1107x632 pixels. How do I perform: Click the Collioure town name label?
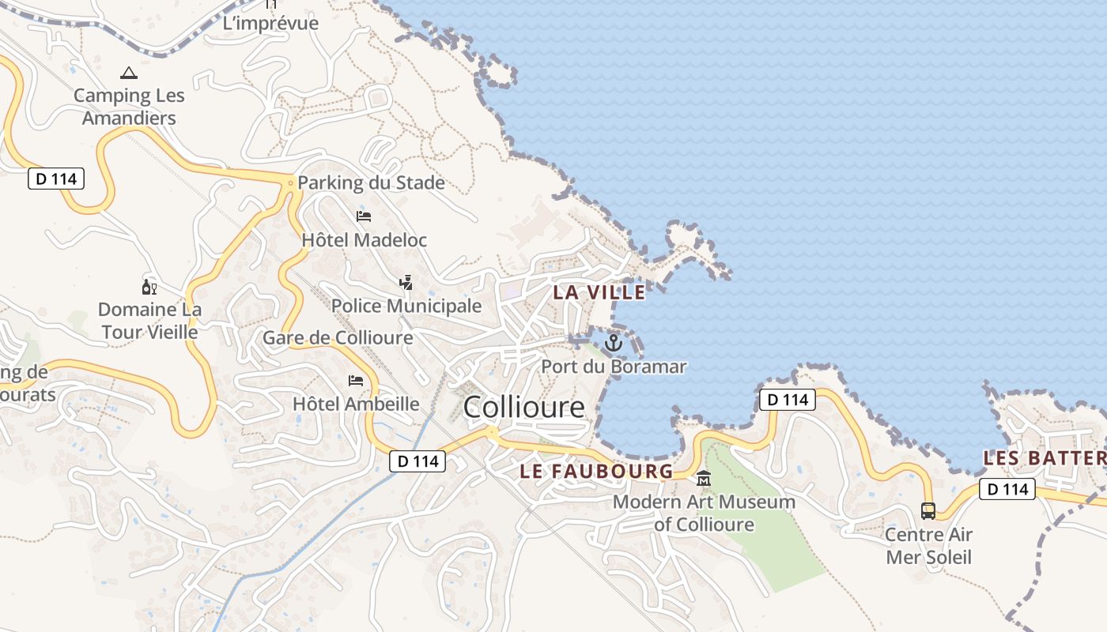tap(523, 407)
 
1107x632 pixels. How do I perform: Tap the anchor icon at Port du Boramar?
tap(614, 343)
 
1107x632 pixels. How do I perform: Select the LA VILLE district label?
tap(599, 292)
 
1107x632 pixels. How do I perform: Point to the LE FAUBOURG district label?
tap(596, 472)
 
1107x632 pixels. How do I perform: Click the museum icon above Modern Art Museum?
tap(704, 479)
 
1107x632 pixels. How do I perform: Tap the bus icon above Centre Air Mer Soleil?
tap(928, 511)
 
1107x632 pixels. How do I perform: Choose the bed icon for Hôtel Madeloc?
tap(364, 216)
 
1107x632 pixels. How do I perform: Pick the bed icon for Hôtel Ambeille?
tap(356, 381)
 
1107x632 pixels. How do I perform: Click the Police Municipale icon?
tap(406, 282)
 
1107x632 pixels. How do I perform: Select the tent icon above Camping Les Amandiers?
tap(128, 73)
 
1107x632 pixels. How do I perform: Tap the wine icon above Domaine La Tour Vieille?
tap(149, 287)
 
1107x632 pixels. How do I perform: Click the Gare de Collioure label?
tap(338, 338)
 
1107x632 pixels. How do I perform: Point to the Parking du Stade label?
tap(371, 183)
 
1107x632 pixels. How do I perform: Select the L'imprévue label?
tap(270, 24)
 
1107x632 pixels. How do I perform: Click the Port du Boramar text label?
tap(614, 367)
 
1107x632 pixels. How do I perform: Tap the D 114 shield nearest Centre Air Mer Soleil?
tap(1007, 489)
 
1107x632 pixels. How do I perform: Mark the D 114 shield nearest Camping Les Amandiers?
tap(56, 179)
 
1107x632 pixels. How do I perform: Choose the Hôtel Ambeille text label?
tap(356, 404)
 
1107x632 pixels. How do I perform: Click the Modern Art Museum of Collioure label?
tap(704, 513)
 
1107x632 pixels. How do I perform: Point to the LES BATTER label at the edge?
tap(1044, 458)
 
